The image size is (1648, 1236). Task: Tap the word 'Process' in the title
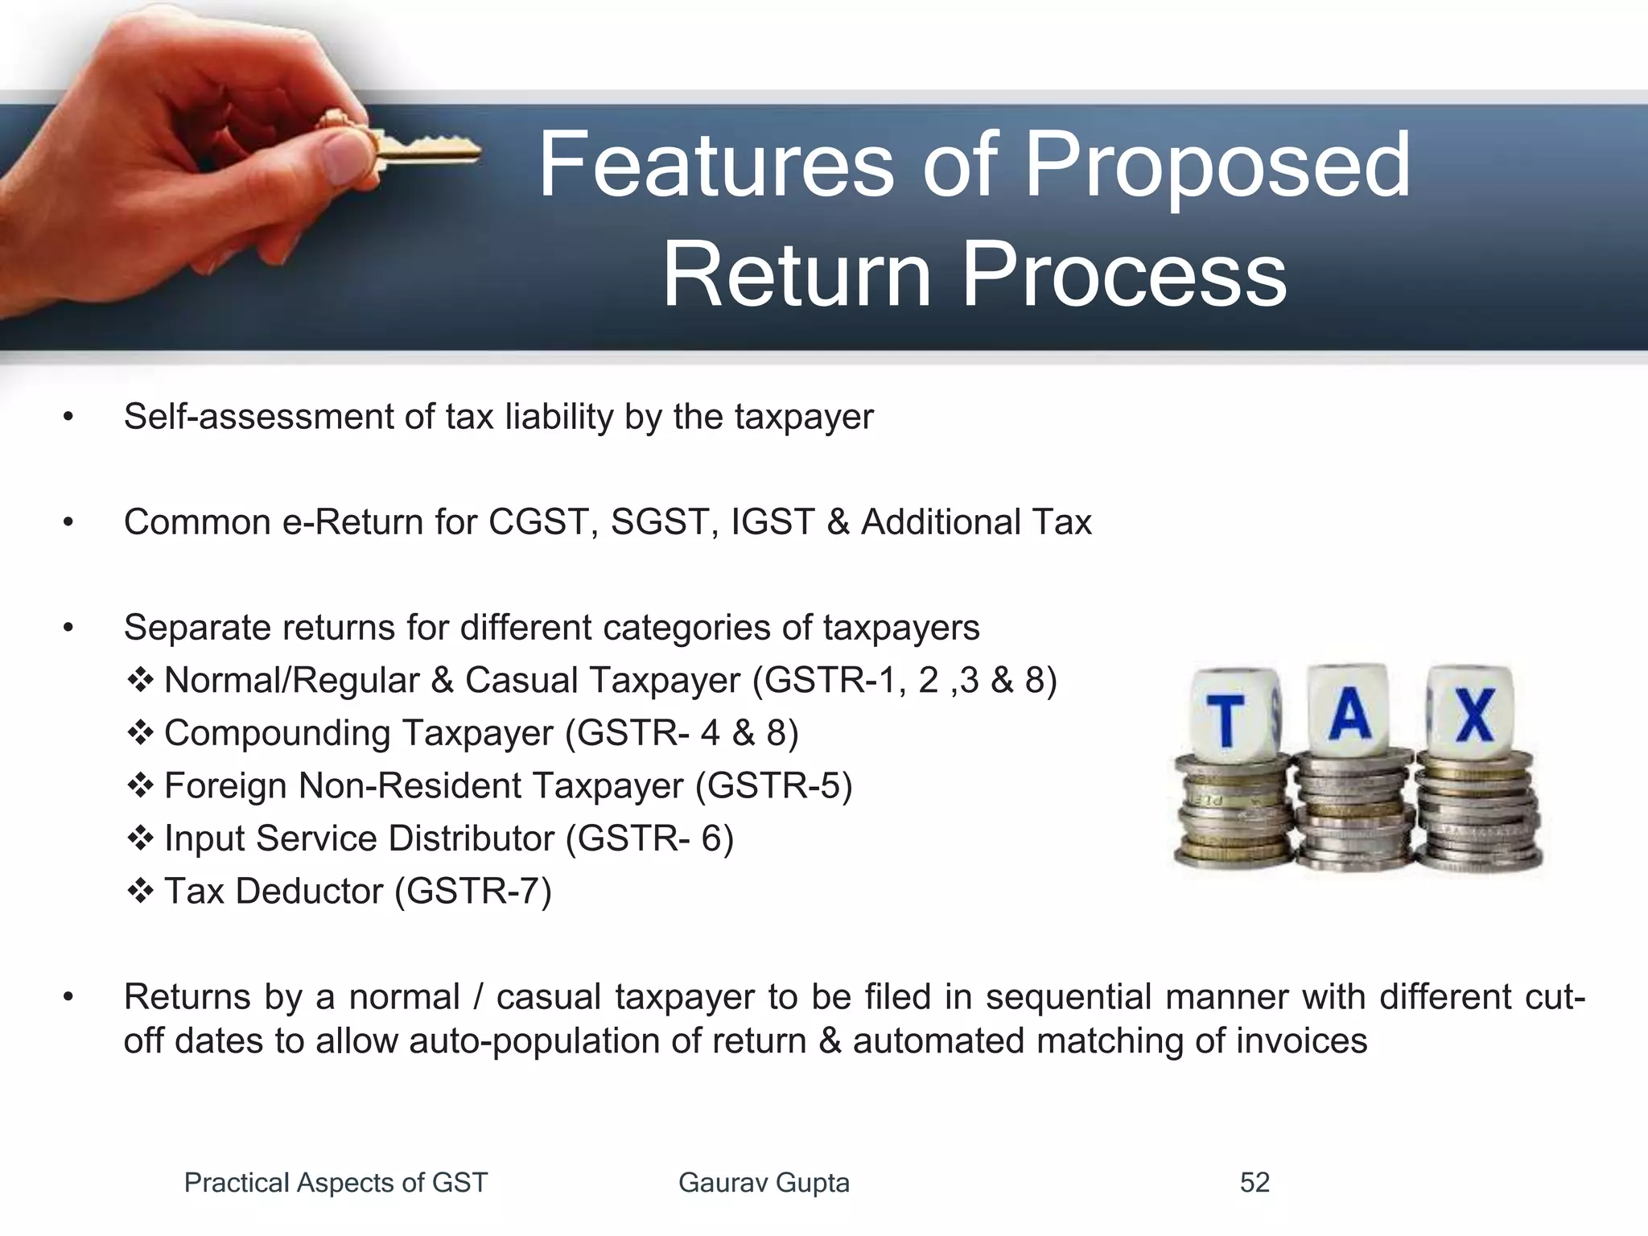pos(1124,275)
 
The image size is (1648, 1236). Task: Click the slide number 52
pos(1255,1182)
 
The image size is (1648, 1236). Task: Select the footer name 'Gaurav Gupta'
pos(764,1182)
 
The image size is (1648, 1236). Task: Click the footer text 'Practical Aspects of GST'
pos(336,1182)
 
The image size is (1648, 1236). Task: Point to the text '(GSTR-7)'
pos(472,891)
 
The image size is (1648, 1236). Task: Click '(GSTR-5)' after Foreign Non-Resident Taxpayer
pos(773,785)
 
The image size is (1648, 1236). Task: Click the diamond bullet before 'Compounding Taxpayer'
pos(140,733)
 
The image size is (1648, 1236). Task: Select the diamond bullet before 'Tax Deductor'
pos(140,891)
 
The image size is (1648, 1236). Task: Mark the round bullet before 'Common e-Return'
pos(68,523)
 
